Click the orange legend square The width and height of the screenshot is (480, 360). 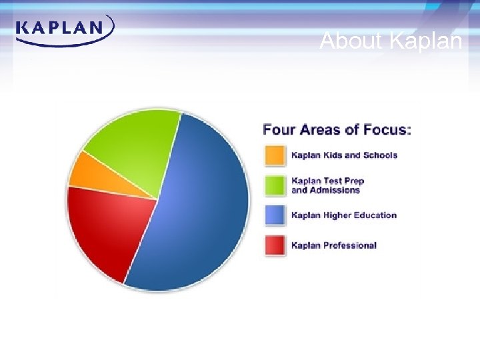tap(274, 155)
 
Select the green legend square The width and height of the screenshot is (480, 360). tap(274, 185)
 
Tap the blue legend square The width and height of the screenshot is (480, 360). tap(274, 215)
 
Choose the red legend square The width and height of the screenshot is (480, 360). tap(274, 245)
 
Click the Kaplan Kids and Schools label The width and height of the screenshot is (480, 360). tap(344, 155)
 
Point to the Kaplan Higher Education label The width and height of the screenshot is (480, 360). tap(344, 215)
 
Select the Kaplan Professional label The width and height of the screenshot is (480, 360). tap(334, 245)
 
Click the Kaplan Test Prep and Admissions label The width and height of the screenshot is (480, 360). tap(328, 185)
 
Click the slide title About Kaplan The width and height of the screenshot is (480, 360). tap(391, 41)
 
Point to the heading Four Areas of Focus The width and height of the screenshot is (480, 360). tap(337, 129)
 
